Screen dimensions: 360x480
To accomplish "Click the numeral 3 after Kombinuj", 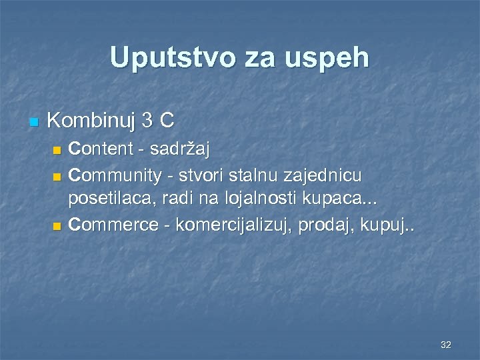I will coord(149,121).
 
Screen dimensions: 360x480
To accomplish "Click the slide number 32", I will coord(445,345).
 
